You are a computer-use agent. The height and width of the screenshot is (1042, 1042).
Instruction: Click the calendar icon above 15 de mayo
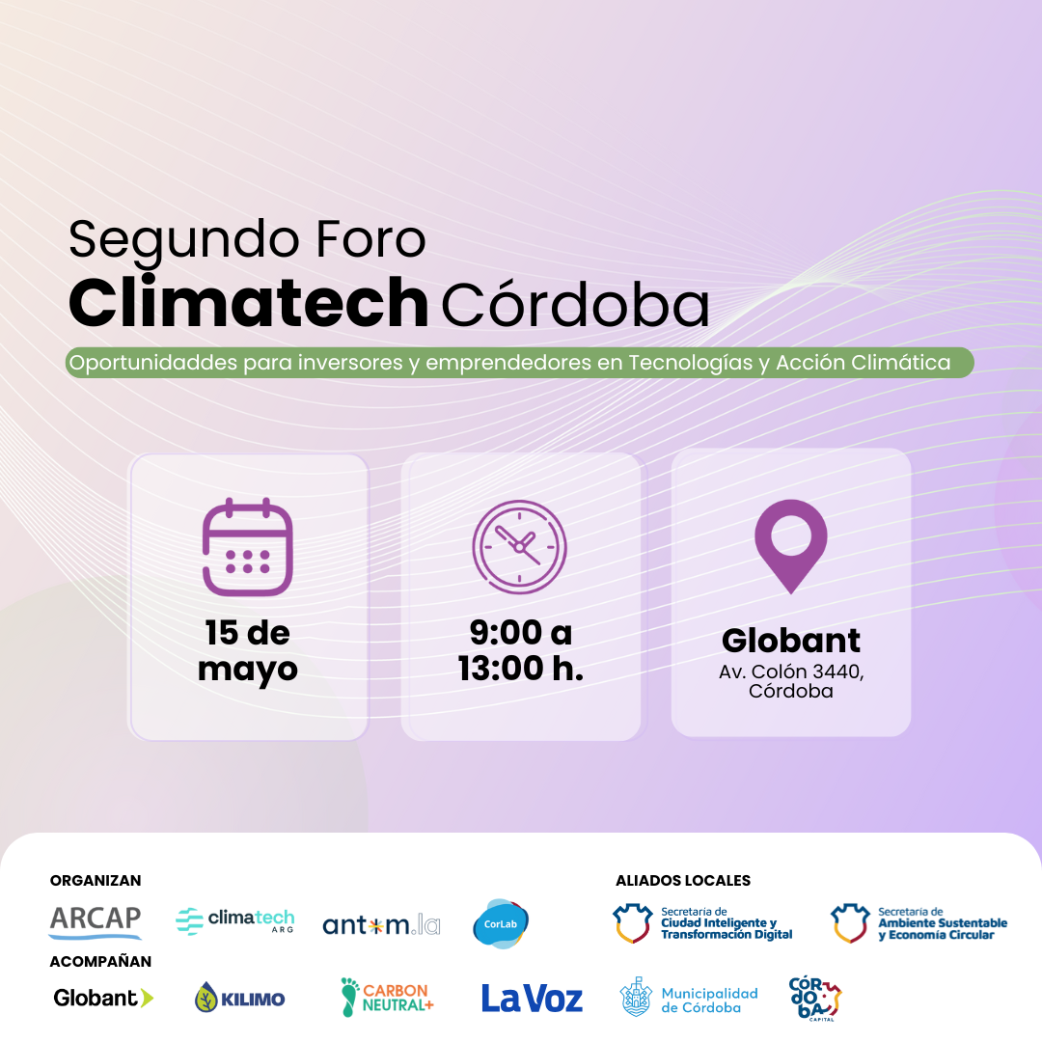pos(247,546)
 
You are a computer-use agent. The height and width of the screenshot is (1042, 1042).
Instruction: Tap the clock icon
pos(519,546)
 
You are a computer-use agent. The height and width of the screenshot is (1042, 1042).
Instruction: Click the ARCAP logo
pos(95,922)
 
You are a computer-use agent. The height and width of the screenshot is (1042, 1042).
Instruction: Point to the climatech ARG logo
pos(235,921)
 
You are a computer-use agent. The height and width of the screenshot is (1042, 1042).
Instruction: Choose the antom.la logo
pos(381,924)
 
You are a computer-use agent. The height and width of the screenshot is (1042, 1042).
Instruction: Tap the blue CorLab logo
pos(501,923)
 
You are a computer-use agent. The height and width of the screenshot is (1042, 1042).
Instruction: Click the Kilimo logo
pos(240,999)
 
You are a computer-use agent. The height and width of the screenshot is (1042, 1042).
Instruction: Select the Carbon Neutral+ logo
pos(387,998)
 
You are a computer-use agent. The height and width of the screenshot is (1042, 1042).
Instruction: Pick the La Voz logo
pos(532,999)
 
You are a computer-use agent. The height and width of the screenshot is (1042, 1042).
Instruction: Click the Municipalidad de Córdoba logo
pos(689,999)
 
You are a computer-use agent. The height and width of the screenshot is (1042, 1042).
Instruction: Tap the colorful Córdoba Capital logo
pos(814,999)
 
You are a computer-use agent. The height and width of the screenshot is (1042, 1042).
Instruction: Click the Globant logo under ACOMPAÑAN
pos(103,998)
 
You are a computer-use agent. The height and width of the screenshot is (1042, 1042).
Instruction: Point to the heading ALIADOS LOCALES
pos(683,881)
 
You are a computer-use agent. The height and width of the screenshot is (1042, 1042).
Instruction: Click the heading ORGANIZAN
pos(96,881)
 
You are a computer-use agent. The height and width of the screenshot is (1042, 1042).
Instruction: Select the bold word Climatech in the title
pos(249,302)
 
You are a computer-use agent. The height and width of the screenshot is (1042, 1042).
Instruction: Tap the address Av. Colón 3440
pos(791,672)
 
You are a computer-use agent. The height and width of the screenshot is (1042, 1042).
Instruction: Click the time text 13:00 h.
pos(521,668)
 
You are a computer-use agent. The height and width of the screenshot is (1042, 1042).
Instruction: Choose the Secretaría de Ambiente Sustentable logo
pos(919,923)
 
